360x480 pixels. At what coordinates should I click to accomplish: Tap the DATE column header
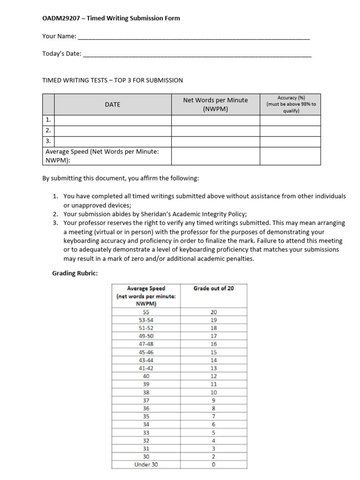pyautogui.click(x=112, y=105)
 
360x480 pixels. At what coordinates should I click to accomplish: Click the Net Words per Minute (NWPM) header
pyautogui.click(x=215, y=105)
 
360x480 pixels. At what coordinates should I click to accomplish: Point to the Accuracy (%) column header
pyautogui.click(x=291, y=105)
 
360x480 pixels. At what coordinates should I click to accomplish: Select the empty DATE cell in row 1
pyautogui.click(x=112, y=120)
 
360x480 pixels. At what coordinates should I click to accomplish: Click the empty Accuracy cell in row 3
pyautogui.click(x=291, y=141)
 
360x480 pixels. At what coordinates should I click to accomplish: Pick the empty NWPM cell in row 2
pyautogui.click(x=215, y=131)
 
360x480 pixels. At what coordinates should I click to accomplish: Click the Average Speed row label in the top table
pyautogui.click(x=102, y=156)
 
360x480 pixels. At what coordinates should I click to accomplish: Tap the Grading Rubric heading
pyautogui.click(x=75, y=273)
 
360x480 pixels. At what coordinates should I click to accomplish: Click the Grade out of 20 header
pyautogui.click(x=214, y=289)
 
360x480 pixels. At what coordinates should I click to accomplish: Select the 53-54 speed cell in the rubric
pyautogui.click(x=146, y=320)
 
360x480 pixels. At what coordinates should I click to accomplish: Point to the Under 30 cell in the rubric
pyautogui.click(x=146, y=465)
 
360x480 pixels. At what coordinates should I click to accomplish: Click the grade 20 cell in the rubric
pyautogui.click(x=214, y=312)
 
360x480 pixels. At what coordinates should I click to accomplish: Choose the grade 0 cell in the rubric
pyautogui.click(x=214, y=465)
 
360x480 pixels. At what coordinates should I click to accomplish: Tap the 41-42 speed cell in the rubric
pyautogui.click(x=146, y=368)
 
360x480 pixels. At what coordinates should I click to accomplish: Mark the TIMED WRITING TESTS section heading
pyautogui.click(x=112, y=80)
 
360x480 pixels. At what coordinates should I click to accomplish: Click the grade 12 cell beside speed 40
pyautogui.click(x=214, y=376)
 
